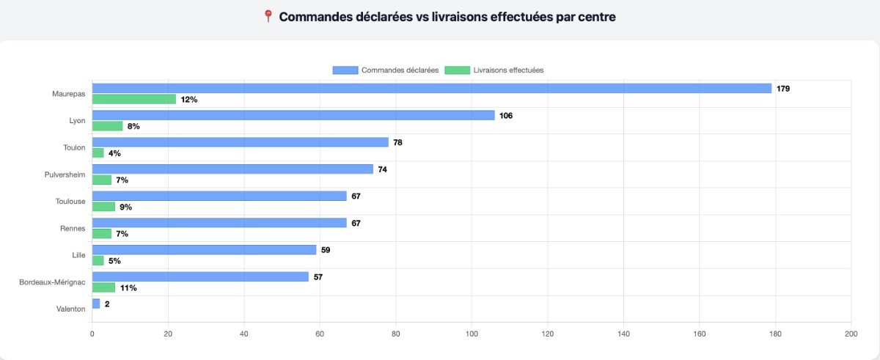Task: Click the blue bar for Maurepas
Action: pos(431,88)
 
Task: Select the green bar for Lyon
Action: pos(107,126)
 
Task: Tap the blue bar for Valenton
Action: pos(96,304)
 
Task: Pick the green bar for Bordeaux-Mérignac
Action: pos(103,287)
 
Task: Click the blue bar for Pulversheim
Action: pos(232,169)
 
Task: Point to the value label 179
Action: pos(783,89)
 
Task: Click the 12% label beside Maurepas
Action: pos(189,100)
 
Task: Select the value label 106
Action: pos(506,115)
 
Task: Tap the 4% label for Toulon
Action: pos(114,153)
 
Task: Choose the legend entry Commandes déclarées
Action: pos(386,70)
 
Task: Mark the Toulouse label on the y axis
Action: pos(70,202)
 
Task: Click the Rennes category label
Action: pos(73,228)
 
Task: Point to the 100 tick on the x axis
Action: pos(472,334)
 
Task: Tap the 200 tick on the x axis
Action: pos(851,334)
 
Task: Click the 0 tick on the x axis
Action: pos(92,334)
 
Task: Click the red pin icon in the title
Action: pos(268,16)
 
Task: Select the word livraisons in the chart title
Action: pos(462,16)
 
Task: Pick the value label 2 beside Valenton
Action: pos(107,304)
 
